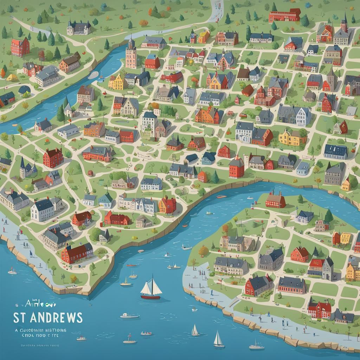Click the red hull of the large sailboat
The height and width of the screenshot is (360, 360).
click(150, 297)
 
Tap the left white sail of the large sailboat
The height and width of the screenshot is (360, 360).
click(146, 288)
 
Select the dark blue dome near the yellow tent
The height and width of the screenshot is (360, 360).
click(24, 90)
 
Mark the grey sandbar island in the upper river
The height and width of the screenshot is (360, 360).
click(94, 75)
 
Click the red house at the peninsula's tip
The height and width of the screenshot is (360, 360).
click(275, 200)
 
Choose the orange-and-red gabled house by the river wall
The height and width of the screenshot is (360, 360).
click(167, 205)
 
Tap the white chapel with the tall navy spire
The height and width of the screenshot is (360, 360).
click(27, 170)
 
